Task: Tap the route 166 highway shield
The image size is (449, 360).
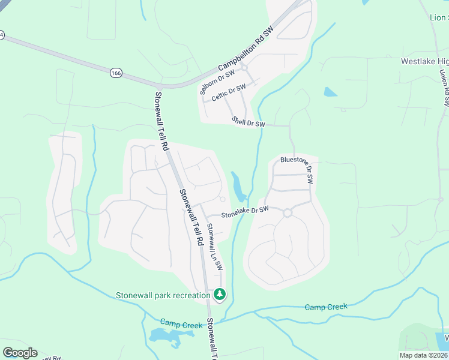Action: click(x=116, y=73)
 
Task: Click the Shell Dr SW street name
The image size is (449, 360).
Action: click(x=249, y=123)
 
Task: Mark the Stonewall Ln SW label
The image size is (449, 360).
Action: click(x=214, y=247)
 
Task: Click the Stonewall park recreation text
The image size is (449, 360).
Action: click(x=163, y=295)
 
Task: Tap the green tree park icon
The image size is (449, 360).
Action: click(x=220, y=294)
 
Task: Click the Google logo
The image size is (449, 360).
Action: click(x=20, y=352)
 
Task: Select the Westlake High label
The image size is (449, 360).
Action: click(x=424, y=62)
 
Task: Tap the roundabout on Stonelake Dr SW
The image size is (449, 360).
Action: click(x=288, y=212)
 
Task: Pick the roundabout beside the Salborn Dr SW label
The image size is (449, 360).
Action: click(x=244, y=68)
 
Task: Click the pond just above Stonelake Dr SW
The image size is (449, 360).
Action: click(x=238, y=187)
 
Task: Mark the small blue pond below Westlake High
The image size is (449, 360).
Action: click(x=330, y=92)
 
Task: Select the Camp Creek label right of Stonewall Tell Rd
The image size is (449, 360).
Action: click(x=326, y=307)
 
